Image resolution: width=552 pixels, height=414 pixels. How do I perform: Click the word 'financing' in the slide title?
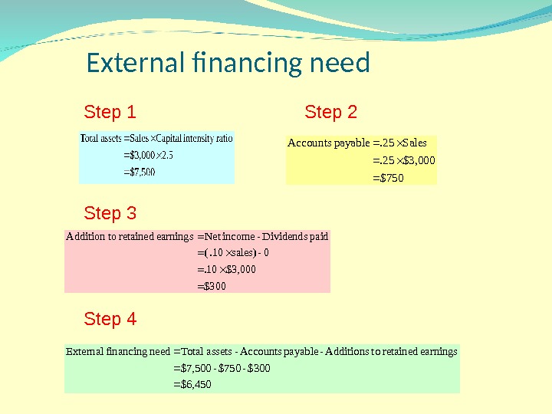[x=230, y=63]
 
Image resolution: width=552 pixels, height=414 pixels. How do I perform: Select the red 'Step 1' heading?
[x=110, y=113]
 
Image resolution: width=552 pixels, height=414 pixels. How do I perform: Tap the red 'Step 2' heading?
[x=330, y=113]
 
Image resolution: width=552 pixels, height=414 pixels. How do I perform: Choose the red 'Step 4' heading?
[x=110, y=319]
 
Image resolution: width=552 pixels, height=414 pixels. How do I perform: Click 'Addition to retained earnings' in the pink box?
[x=130, y=236]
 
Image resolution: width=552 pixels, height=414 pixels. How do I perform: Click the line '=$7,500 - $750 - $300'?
[x=222, y=368]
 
